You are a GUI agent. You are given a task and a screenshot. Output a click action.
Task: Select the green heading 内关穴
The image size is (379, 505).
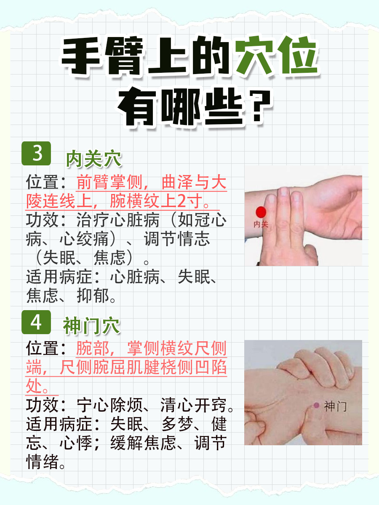coord(93,159)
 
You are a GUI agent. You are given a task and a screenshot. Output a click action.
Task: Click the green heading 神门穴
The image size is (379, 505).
coord(92,326)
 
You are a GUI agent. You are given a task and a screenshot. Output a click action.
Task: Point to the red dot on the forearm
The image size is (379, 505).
coord(261,212)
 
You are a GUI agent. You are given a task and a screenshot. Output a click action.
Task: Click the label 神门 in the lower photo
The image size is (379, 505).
coord(335,407)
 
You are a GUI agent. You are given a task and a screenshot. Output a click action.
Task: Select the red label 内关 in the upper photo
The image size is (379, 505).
coord(261,224)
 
